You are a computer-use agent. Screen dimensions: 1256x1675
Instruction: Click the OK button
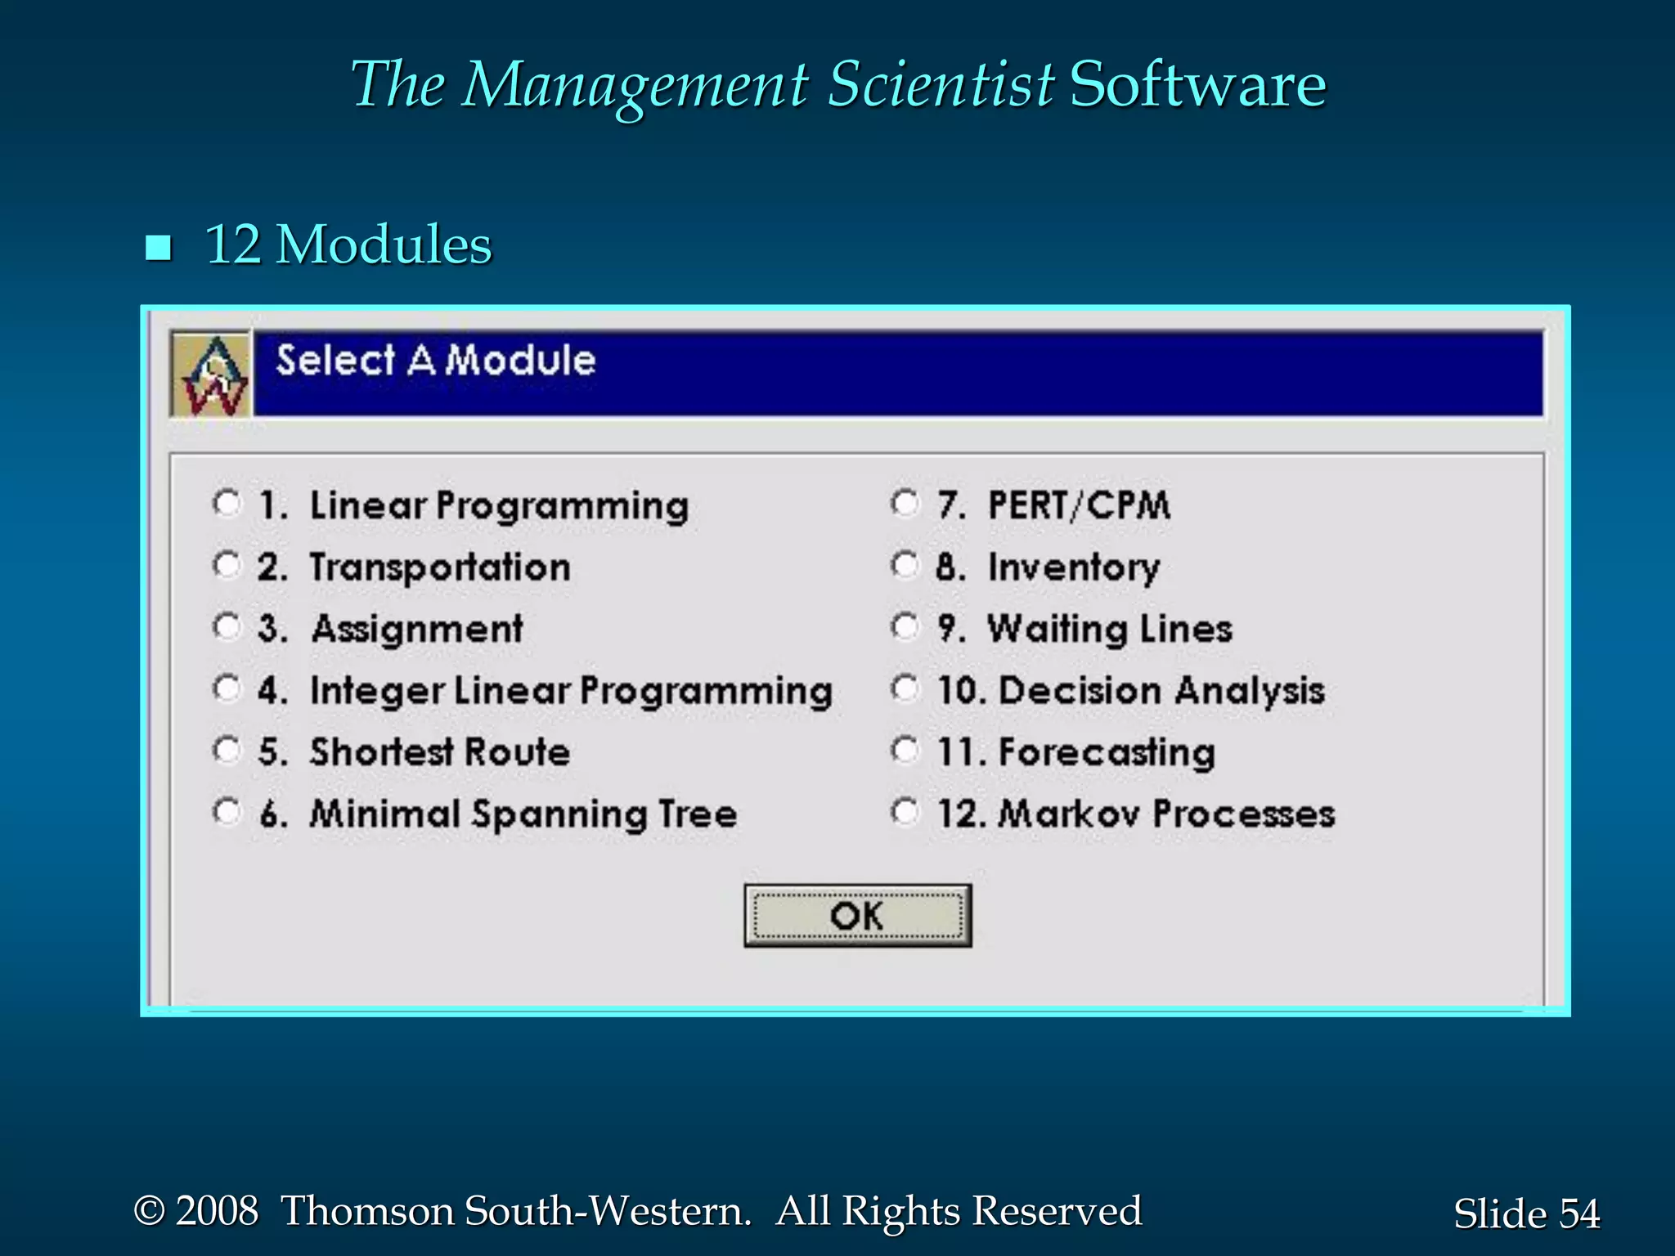(857, 916)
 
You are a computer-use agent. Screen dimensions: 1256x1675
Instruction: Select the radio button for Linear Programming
(227, 503)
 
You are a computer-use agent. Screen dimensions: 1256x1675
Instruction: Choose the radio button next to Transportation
(227, 564)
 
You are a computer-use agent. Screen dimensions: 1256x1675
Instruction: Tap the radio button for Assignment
(227, 627)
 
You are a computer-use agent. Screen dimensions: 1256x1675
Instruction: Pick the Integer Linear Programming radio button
(227, 688)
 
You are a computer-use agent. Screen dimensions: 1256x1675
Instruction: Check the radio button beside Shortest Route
(227, 750)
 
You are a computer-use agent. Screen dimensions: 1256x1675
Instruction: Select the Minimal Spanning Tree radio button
(227, 812)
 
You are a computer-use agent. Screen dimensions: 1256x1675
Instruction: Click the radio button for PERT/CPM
(905, 503)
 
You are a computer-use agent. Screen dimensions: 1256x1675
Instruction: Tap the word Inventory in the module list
(1073, 567)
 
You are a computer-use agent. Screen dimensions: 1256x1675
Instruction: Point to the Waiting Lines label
(1109, 629)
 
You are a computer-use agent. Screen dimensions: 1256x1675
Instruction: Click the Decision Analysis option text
(1161, 691)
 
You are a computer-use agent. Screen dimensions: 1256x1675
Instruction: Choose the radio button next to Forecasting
(905, 750)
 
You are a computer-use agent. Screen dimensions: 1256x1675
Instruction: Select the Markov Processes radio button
(905, 812)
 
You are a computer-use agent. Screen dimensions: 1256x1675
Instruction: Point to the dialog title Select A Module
(435, 361)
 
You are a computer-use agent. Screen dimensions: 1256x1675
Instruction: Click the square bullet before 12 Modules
(158, 248)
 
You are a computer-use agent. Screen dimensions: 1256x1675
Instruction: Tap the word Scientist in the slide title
(940, 84)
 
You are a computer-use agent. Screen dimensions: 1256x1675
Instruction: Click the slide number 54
(1578, 1213)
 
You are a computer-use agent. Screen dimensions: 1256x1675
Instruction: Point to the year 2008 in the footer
(217, 1211)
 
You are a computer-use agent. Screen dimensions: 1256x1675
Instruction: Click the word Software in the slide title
(1197, 84)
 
